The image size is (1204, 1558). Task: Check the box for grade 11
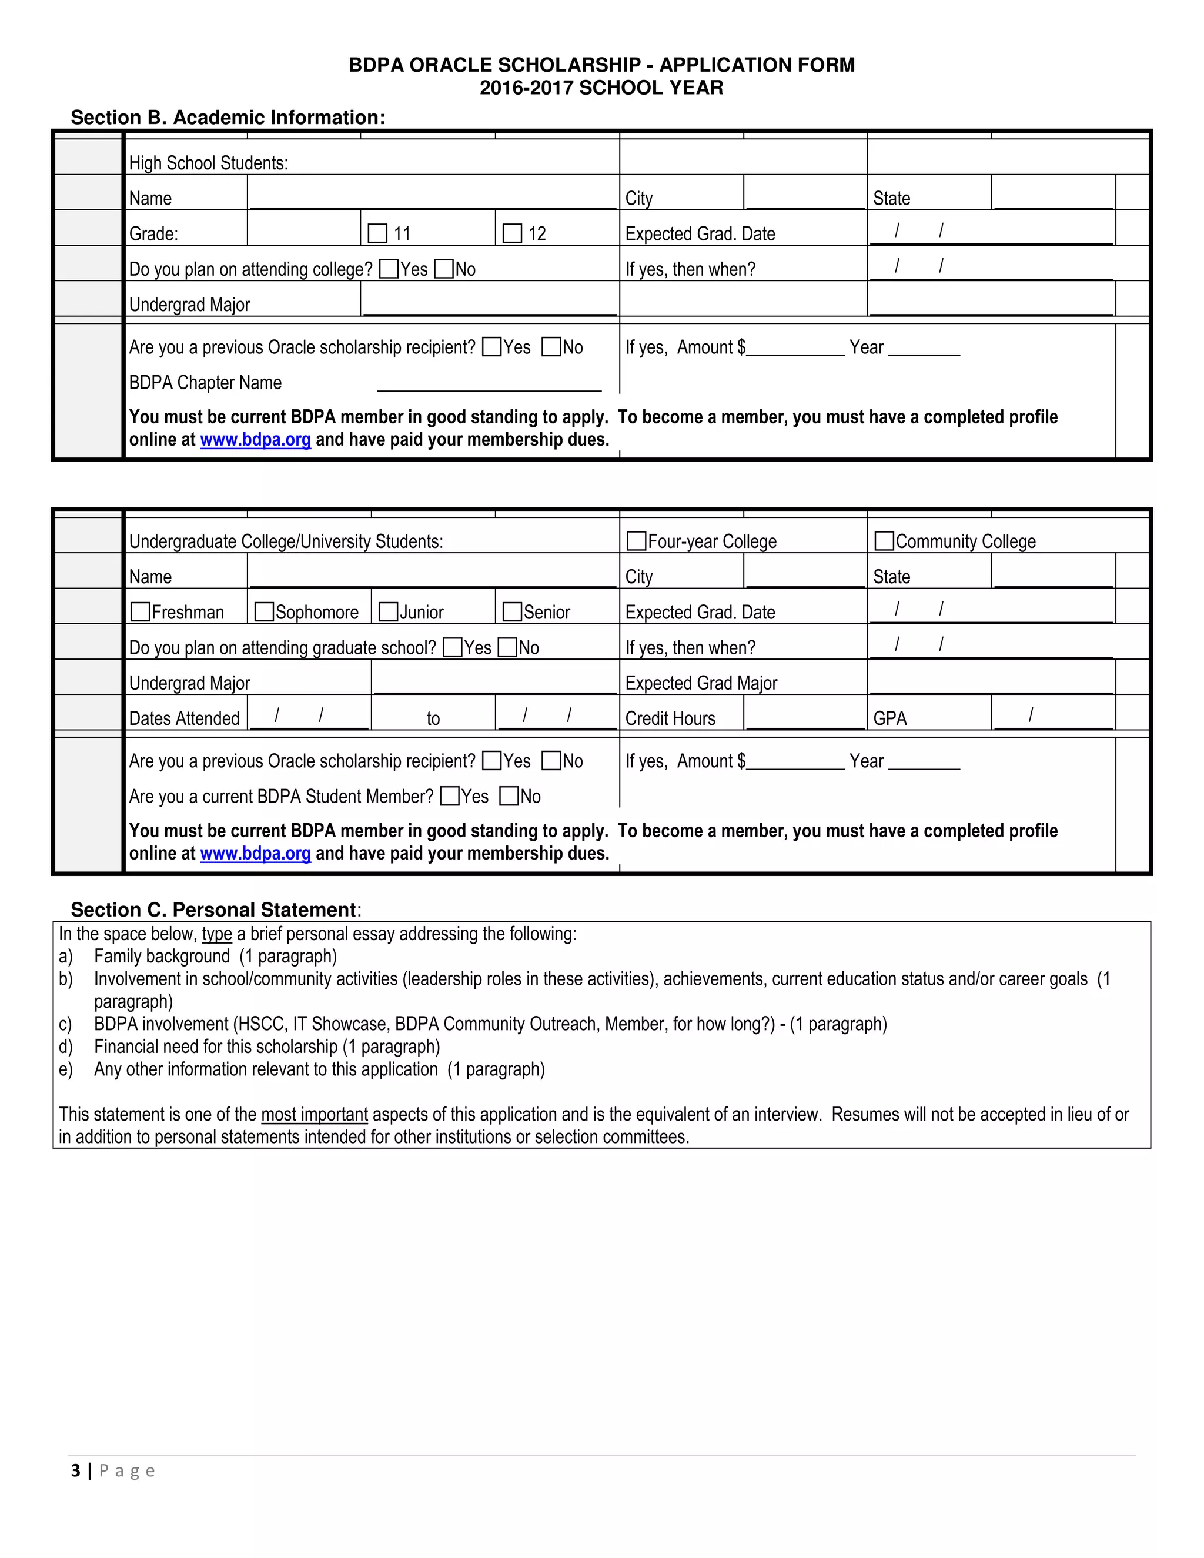pos(377,233)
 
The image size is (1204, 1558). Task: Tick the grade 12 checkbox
pos(512,233)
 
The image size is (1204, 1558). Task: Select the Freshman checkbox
pos(141,611)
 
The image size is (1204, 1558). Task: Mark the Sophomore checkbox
pos(265,611)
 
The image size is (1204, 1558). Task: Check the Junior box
pos(389,611)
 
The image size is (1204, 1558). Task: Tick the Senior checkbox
pos(512,611)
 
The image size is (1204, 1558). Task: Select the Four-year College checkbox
pos(636,541)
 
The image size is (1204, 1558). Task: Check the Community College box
pos(884,541)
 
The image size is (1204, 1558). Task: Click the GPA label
pos(889,718)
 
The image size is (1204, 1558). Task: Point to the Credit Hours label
pos(670,718)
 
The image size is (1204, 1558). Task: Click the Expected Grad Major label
pos(700,683)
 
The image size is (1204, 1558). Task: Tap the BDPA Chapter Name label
pos(205,382)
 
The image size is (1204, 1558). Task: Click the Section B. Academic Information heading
pos(228,118)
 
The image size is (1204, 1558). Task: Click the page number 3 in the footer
pos(76,1470)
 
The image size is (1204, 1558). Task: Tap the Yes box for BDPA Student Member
pos(450,796)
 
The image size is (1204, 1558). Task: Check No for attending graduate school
pos(507,647)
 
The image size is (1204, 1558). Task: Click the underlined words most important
pos(314,1114)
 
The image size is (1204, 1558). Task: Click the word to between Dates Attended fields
pos(433,718)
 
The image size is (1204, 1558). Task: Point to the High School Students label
pos(208,163)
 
